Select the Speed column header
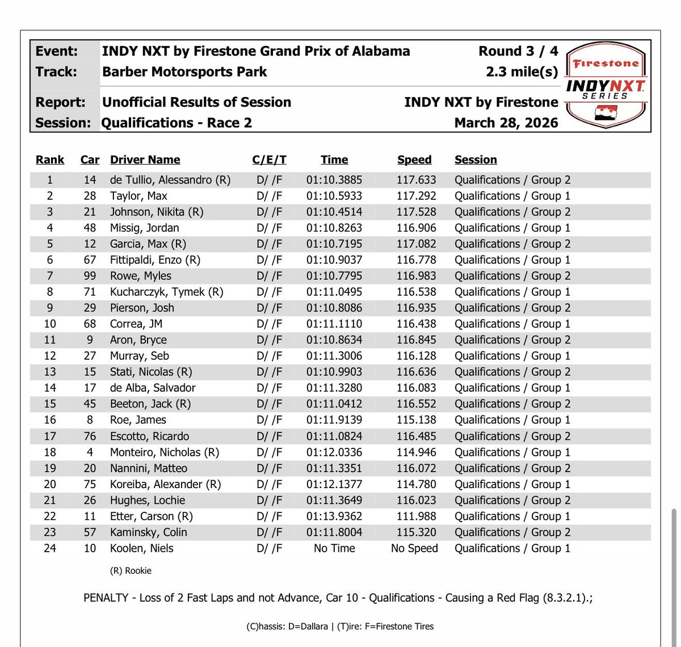click(x=414, y=160)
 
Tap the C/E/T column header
click(x=269, y=160)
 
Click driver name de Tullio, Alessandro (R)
click(x=170, y=180)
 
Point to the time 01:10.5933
click(x=334, y=196)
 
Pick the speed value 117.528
click(x=416, y=212)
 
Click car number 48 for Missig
click(x=90, y=228)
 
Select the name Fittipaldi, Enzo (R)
click(x=155, y=260)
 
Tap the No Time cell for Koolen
click(x=334, y=548)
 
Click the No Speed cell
click(x=414, y=548)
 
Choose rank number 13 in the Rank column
click(x=50, y=372)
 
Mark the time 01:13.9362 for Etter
click(x=334, y=516)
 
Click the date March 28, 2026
click(x=506, y=123)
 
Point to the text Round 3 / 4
click(x=518, y=51)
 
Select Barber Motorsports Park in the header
click(x=184, y=72)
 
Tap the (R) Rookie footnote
click(x=131, y=570)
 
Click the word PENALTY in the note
click(x=108, y=598)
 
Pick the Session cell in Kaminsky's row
click(x=512, y=532)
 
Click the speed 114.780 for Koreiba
click(x=416, y=484)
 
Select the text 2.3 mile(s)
click(x=522, y=72)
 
